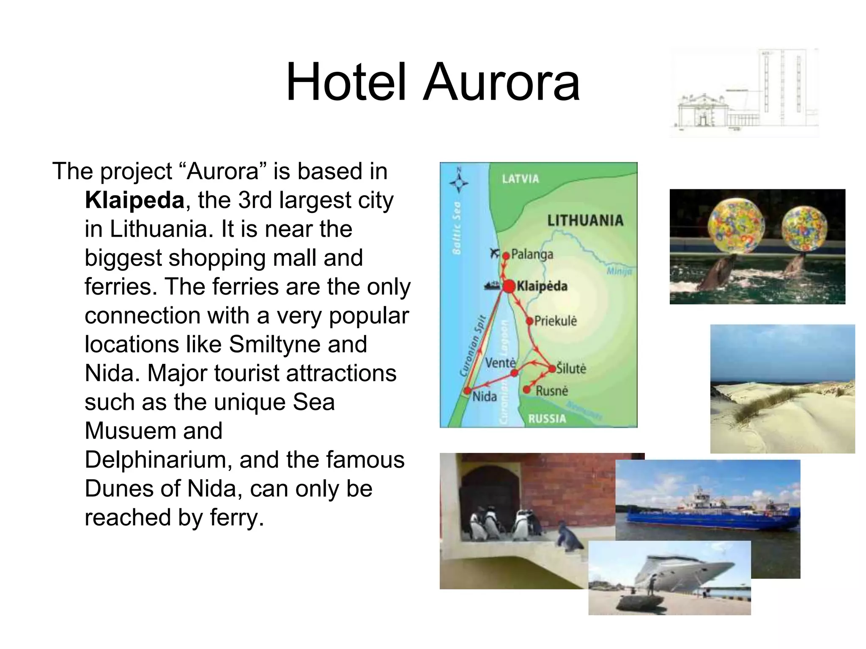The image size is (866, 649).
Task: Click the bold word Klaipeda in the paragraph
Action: (x=134, y=200)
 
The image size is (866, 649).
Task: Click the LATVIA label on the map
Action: (x=520, y=179)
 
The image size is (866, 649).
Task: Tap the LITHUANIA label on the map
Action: (x=585, y=221)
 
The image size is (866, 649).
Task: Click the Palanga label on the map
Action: (x=532, y=254)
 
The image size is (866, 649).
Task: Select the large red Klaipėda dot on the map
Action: (x=509, y=286)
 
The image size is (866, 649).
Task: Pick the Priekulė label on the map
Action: (x=555, y=321)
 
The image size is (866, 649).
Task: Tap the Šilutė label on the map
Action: (x=571, y=368)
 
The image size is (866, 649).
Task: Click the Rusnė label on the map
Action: (x=552, y=391)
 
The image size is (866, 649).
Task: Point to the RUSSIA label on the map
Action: (x=547, y=419)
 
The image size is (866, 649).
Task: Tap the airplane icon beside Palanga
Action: (x=494, y=254)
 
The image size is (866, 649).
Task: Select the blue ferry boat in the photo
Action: (x=710, y=515)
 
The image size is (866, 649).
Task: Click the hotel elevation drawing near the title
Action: (x=744, y=93)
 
